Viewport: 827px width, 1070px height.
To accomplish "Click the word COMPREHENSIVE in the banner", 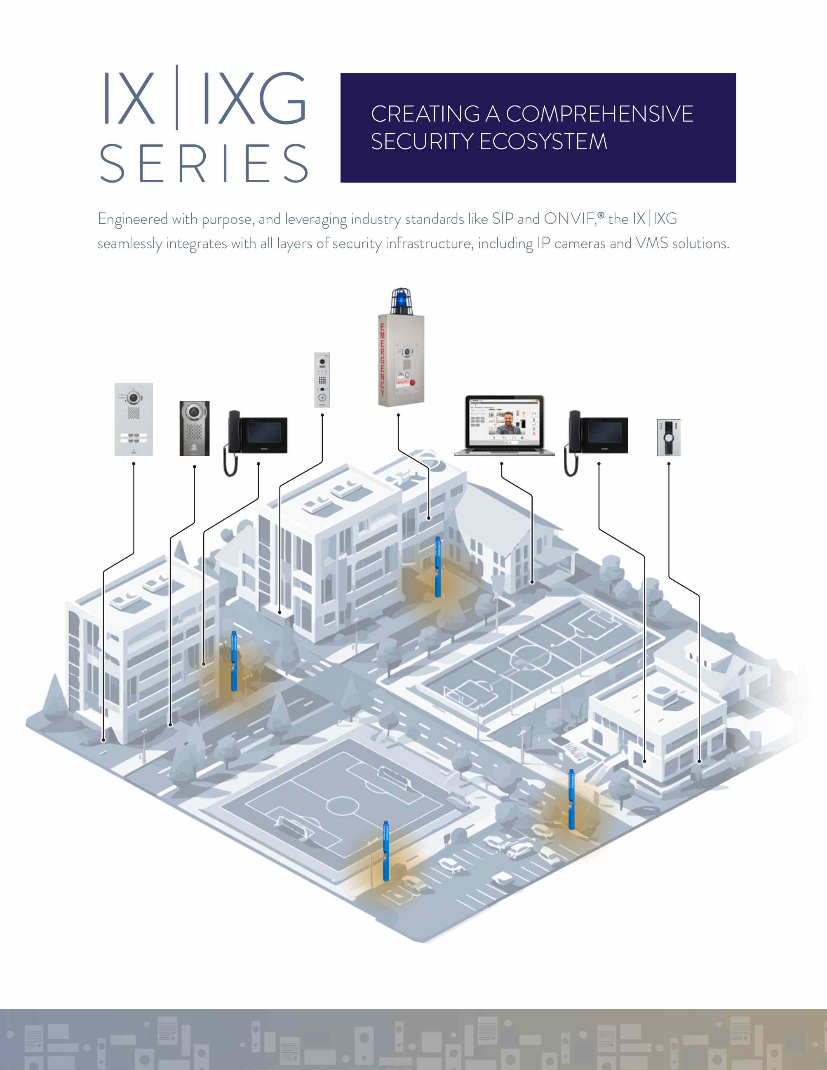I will [x=599, y=114].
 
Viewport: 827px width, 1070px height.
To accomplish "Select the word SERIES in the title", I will [x=204, y=164].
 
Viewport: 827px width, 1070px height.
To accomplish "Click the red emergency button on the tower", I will [x=413, y=382].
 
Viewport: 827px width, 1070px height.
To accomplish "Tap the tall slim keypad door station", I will [x=322, y=380].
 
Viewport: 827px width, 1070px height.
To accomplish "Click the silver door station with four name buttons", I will [x=134, y=419].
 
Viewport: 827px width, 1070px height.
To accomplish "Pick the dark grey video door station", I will [x=195, y=428].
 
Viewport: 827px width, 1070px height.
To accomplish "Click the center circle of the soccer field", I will [x=343, y=805].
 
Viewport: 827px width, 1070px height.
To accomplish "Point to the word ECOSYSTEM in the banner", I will [x=543, y=142].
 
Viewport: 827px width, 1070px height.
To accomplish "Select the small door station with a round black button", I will [x=669, y=437].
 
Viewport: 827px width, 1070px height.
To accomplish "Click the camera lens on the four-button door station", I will [x=133, y=397].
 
